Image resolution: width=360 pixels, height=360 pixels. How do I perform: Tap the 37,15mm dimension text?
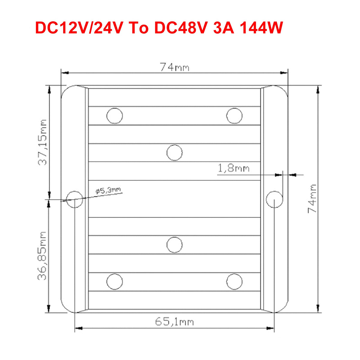(42, 142)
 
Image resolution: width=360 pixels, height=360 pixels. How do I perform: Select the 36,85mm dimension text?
(42, 256)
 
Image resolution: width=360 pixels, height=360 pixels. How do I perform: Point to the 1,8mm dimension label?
(233, 168)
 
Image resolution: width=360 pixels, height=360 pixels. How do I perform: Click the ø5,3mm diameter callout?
(108, 190)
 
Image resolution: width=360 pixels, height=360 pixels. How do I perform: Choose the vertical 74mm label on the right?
(312, 198)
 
